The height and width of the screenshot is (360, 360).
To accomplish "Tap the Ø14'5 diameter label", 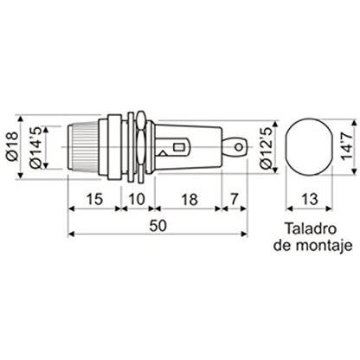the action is click(x=35, y=147).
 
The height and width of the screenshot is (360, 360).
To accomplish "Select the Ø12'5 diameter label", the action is click(x=267, y=148).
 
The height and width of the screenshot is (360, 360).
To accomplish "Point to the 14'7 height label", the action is click(x=347, y=145).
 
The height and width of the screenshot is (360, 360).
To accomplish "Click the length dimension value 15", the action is click(x=94, y=199).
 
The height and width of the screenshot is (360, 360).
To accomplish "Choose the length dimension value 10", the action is click(x=137, y=199).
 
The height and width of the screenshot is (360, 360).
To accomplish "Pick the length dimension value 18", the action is click(x=190, y=199).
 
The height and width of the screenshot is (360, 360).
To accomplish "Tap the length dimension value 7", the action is click(x=235, y=199).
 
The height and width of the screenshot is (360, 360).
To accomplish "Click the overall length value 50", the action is click(x=158, y=226).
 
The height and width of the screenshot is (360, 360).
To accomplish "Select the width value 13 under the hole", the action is click(x=310, y=199).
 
